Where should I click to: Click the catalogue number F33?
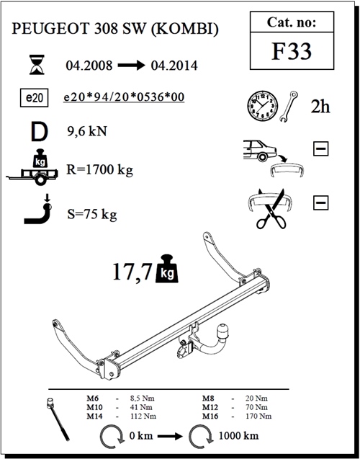[x=292, y=51]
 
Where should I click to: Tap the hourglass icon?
[x=37, y=64]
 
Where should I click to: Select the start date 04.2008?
[x=89, y=66]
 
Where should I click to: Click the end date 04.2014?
[x=174, y=66]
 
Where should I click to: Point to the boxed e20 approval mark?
[x=35, y=97]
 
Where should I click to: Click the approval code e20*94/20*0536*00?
[x=124, y=97]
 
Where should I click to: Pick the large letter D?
[x=39, y=133]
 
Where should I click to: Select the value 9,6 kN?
[x=87, y=131]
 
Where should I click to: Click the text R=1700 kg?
[x=100, y=169]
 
